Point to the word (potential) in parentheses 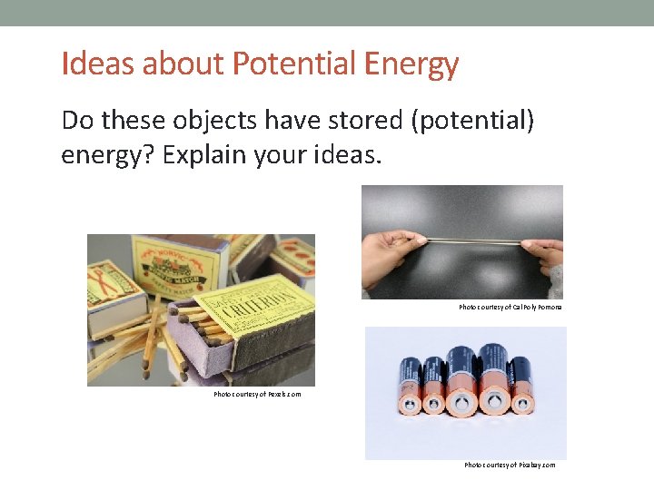[471, 120]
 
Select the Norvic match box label [178, 261]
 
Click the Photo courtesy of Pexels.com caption [257, 395]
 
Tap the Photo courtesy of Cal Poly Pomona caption [510, 308]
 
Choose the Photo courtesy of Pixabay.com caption [510, 465]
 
